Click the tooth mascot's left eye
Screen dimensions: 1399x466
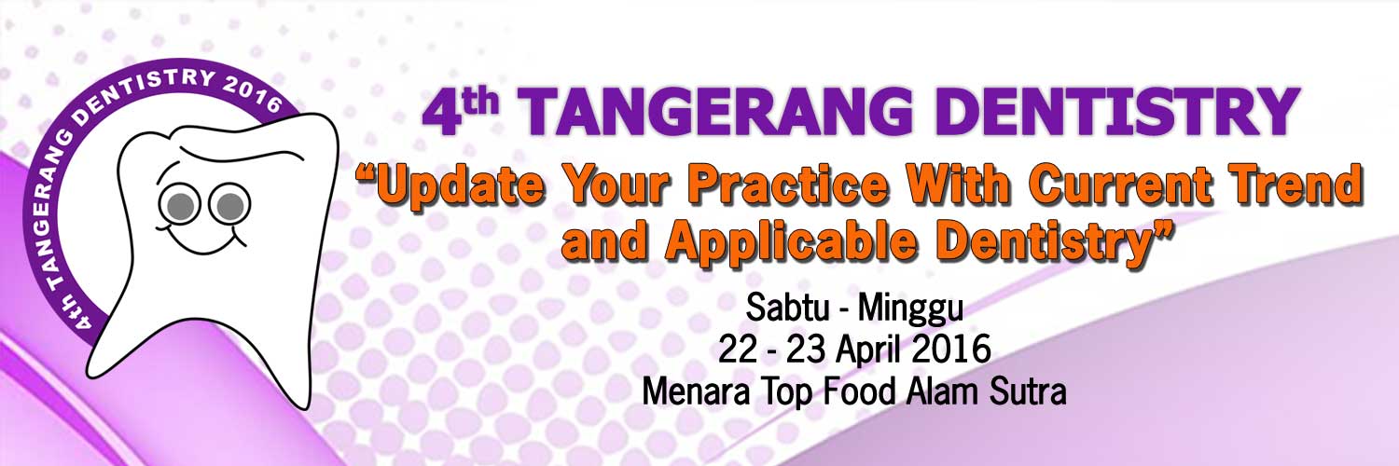pos(179,206)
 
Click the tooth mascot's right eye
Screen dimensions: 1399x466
pos(229,205)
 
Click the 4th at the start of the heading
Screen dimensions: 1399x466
pos(461,112)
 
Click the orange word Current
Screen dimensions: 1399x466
pos(1122,185)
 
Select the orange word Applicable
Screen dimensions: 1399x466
pos(790,243)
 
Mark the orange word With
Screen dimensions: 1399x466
pos(958,185)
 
